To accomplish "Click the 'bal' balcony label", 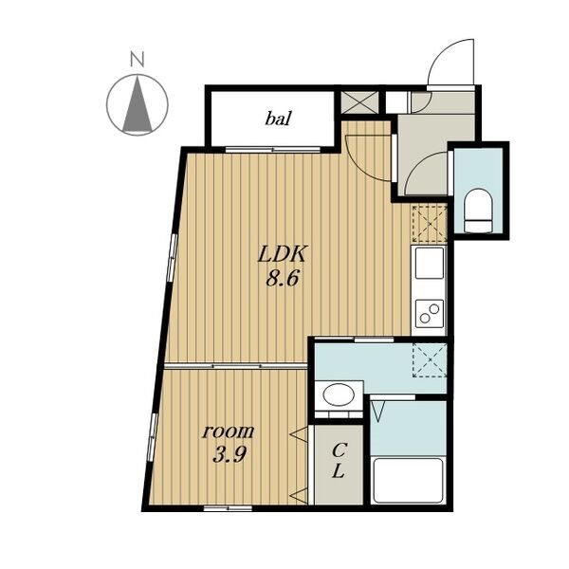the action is (278, 119).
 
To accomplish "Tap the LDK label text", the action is (282, 254).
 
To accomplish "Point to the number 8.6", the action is (282, 280).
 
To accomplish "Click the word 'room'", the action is (229, 431).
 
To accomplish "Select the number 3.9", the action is (229, 455).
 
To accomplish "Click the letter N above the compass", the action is (138, 60).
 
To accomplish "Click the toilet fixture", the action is (479, 211).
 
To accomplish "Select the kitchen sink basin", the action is (430, 263).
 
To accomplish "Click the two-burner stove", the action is (430, 313).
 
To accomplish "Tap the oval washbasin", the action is (339, 395).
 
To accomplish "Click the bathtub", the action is (408, 481).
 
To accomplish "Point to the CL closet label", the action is (339, 461).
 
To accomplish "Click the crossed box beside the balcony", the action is (360, 102).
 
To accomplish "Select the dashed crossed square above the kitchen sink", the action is (429, 224).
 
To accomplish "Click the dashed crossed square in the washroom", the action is (430, 360).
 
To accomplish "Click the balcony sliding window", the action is (273, 149).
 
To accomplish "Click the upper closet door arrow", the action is (300, 434).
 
